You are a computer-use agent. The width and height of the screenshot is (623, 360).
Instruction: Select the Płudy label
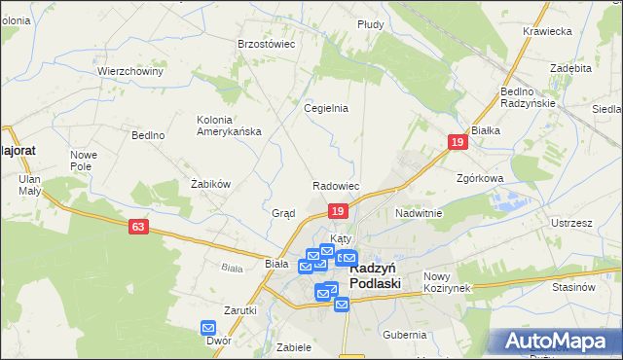[x=370, y=23]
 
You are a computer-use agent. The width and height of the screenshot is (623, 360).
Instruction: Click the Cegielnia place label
[x=326, y=108]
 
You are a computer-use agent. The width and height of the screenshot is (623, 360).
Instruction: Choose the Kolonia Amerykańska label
[x=229, y=126]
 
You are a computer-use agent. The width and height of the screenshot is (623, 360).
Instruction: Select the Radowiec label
[x=336, y=186]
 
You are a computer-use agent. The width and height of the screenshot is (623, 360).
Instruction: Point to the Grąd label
[x=283, y=212]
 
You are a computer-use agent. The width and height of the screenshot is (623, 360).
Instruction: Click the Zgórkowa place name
[x=479, y=179]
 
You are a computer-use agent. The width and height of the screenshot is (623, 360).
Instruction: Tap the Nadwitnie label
[x=419, y=212]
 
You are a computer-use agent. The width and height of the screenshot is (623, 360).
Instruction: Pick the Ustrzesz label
[x=571, y=223]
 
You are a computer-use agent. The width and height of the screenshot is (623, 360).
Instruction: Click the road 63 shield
[x=138, y=226]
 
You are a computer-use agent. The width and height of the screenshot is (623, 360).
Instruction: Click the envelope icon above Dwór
[x=209, y=329]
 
